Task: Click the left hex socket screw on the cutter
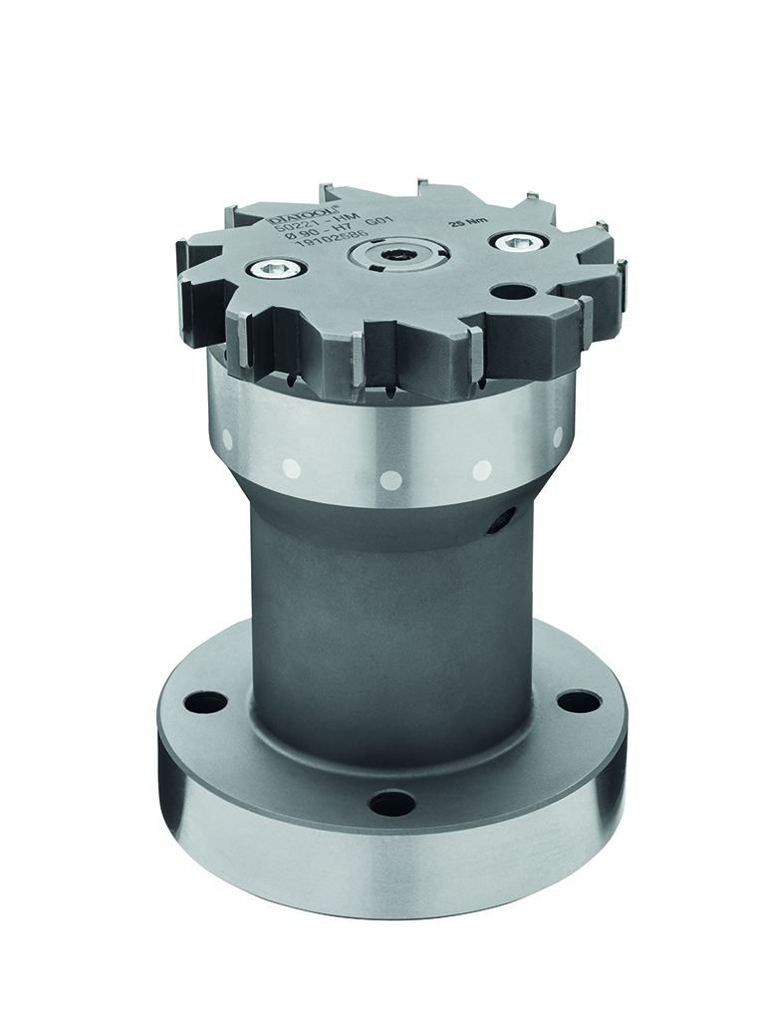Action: pos(276,267)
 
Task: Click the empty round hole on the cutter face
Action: pos(513,292)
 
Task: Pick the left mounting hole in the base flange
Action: pos(206,702)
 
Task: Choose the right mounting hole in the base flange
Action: pos(578,701)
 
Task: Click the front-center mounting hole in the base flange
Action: pos(391,802)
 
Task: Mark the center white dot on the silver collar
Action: pos(391,480)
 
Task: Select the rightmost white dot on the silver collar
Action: pos(557,436)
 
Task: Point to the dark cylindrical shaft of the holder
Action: pos(388,618)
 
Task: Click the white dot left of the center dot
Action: pos(293,467)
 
